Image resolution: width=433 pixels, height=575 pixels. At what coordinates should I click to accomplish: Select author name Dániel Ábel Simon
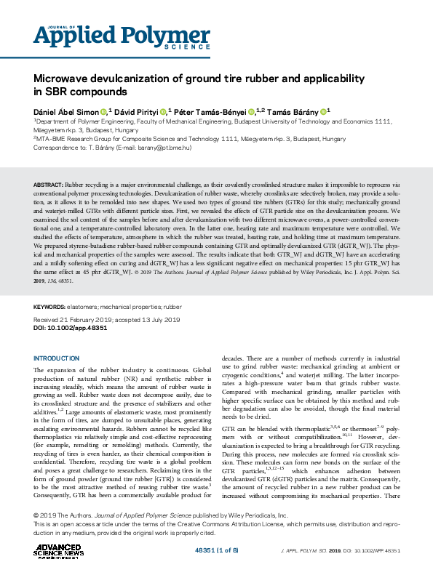pyautogui.click(x=65, y=112)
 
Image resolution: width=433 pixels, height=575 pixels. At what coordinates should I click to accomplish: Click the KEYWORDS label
pyautogui.click(x=50, y=307)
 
